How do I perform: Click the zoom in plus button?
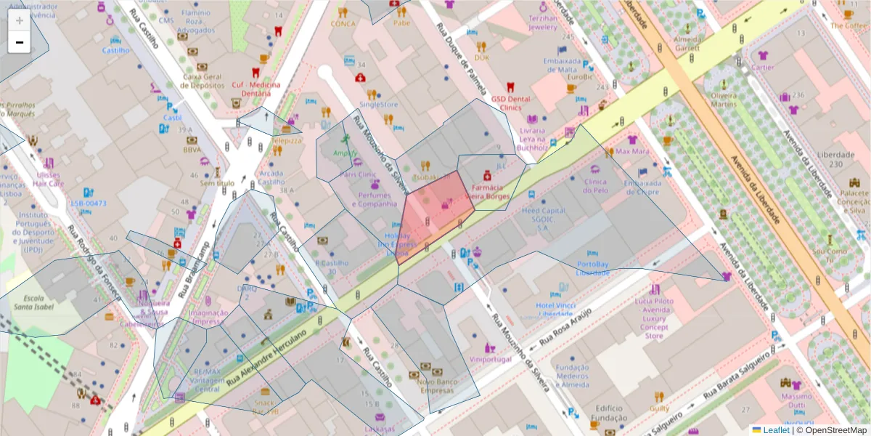coord(19,20)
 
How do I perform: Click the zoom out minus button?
coord(19,42)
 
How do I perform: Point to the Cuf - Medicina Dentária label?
coord(255,89)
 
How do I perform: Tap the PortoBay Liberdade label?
coord(592,268)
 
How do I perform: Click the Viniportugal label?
coord(491,360)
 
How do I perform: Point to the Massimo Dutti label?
coord(797,401)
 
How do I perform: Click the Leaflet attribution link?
coord(770,430)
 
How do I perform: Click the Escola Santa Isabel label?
coord(29,303)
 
